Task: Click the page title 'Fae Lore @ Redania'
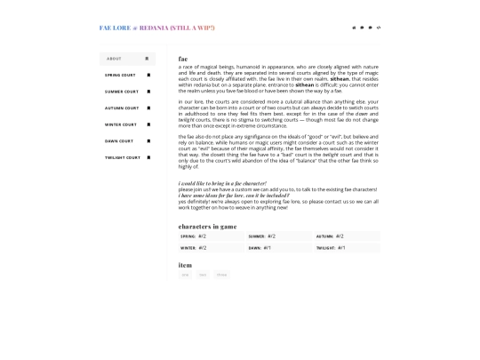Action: click(x=156, y=28)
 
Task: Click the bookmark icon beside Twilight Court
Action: click(x=148, y=157)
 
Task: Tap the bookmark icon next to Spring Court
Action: click(x=148, y=76)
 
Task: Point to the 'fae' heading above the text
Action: click(x=183, y=59)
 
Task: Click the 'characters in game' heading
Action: click(x=207, y=226)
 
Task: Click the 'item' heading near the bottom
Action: click(x=185, y=265)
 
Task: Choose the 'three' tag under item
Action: click(x=220, y=275)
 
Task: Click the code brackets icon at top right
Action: click(x=379, y=28)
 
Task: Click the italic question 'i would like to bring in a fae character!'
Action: click(x=222, y=182)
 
